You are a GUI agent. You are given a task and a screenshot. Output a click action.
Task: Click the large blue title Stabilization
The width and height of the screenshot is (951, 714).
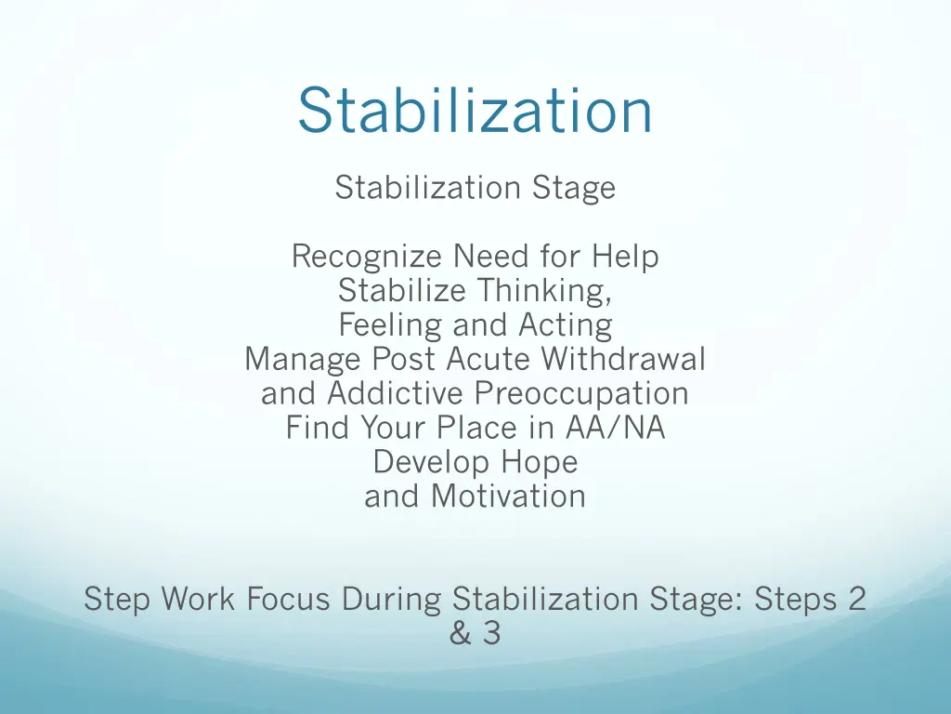click(x=475, y=110)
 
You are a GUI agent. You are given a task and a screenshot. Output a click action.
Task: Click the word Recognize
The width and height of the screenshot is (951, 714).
click(x=368, y=256)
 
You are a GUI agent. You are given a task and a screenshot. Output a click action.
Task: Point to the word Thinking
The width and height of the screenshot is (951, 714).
click(x=544, y=291)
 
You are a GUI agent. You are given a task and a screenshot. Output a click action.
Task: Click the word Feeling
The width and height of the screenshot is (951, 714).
click(x=391, y=325)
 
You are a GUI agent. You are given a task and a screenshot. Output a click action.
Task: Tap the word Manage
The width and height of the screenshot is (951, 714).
click(x=303, y=359)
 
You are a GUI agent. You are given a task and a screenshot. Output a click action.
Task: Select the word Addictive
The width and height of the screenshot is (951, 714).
click(x=397, y=393)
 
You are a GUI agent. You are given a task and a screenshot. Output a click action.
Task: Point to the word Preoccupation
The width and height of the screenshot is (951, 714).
click(x=581, y=393)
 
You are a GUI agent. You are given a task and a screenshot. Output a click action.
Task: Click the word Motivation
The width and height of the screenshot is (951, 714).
click(x=508, y=496)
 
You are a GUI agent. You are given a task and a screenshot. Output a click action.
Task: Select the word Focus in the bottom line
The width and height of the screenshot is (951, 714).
click(x=288, y=599)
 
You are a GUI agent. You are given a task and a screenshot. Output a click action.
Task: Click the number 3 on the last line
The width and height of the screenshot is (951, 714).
click(x=491, y=633)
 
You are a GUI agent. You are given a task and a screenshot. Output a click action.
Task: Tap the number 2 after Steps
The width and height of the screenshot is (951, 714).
click(x=856, y=599)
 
